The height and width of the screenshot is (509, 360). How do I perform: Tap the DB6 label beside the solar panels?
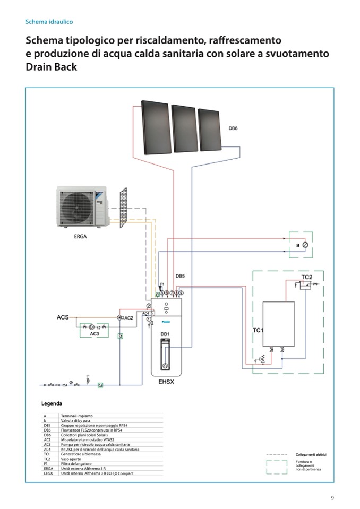[233, 128]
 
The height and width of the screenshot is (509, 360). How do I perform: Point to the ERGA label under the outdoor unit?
[80, 237]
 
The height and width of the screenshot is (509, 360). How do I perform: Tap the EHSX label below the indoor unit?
[166, 381]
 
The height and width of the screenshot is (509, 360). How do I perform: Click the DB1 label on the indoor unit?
[165, 334]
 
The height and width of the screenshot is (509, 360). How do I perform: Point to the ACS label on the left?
[63, 317]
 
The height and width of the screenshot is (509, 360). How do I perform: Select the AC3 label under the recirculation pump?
[95, 334]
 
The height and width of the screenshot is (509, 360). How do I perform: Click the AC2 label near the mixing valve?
[128, 318]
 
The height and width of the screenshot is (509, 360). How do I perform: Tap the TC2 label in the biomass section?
[306, 278]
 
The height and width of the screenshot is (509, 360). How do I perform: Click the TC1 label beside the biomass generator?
[258, 330]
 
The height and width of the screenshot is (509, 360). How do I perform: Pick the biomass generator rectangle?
[279, 324]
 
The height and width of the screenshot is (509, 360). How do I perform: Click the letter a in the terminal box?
[297, 246]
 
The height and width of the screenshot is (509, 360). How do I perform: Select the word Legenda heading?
[53, 404]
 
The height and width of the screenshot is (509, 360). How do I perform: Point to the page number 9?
[332, 498]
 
